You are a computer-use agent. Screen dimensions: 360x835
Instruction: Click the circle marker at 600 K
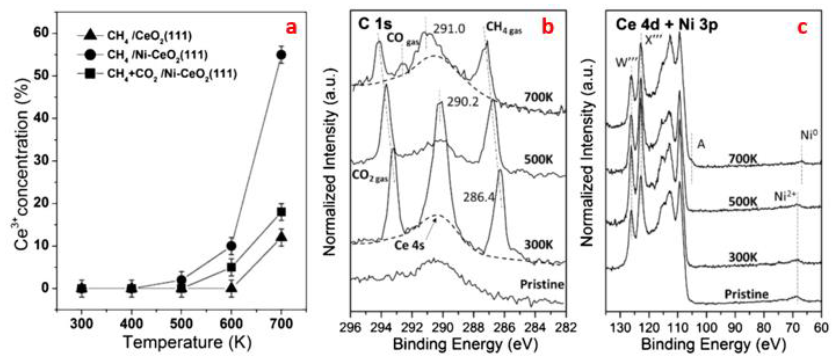pos(231,246)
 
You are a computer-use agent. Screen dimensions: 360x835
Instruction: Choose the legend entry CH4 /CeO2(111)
pos(149,36)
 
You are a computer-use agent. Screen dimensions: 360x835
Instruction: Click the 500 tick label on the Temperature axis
pos(181,324)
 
